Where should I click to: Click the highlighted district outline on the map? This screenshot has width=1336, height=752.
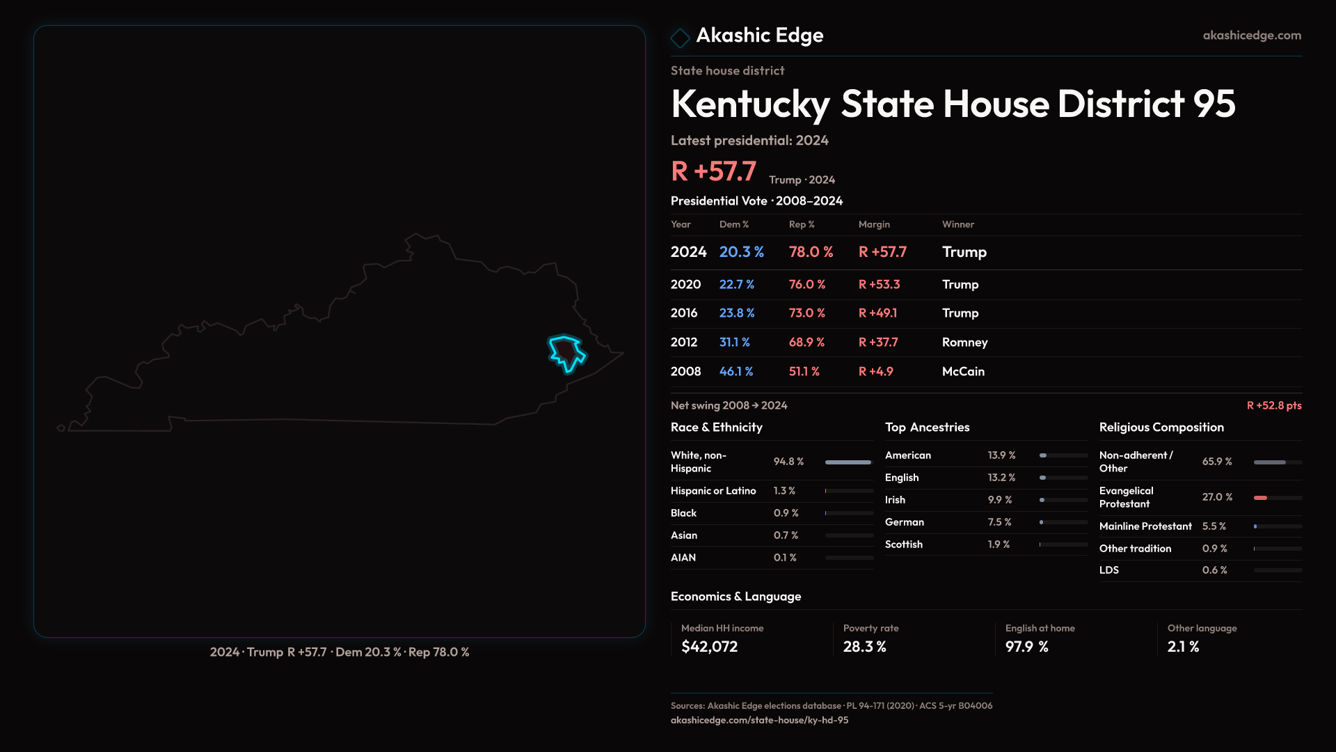[x=566, y=352]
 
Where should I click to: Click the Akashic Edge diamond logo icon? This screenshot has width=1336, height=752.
[x=680, y=38]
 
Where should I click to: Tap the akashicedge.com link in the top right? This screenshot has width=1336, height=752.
[x=1251, y=36]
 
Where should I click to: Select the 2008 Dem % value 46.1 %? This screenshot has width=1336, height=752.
[x=735, y=372]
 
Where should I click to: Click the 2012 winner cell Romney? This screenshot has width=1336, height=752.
[x=964, y=343]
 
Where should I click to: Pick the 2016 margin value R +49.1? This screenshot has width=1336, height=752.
[x=877, y=313]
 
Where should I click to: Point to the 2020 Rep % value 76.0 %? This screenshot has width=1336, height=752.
[x=806, y=285]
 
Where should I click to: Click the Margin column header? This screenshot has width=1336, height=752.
[x=874, y=224]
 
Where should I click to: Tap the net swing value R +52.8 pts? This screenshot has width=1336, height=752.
[x=1273, y=405]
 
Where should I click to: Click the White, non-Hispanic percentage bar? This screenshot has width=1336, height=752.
[x=848, y=462]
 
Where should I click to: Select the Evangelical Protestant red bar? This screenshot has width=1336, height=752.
[x=1260, y=498]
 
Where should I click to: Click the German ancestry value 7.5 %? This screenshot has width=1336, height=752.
[x=999, y=522]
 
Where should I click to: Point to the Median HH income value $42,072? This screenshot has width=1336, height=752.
[x=709, y=647]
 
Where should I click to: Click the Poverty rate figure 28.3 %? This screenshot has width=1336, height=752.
[x=864, y=647]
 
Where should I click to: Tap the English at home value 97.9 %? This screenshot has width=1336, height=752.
[x=1026, y=647]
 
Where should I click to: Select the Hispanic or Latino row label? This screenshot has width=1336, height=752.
[x=713, y=491]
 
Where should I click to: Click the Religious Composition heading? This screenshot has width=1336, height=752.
[x=1161, y=428]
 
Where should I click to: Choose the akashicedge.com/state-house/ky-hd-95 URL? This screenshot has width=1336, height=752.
[x=759, y=720]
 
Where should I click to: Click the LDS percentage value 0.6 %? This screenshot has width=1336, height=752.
[x=1214, y=570]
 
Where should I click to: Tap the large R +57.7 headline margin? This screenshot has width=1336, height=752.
[x=713, y=171]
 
